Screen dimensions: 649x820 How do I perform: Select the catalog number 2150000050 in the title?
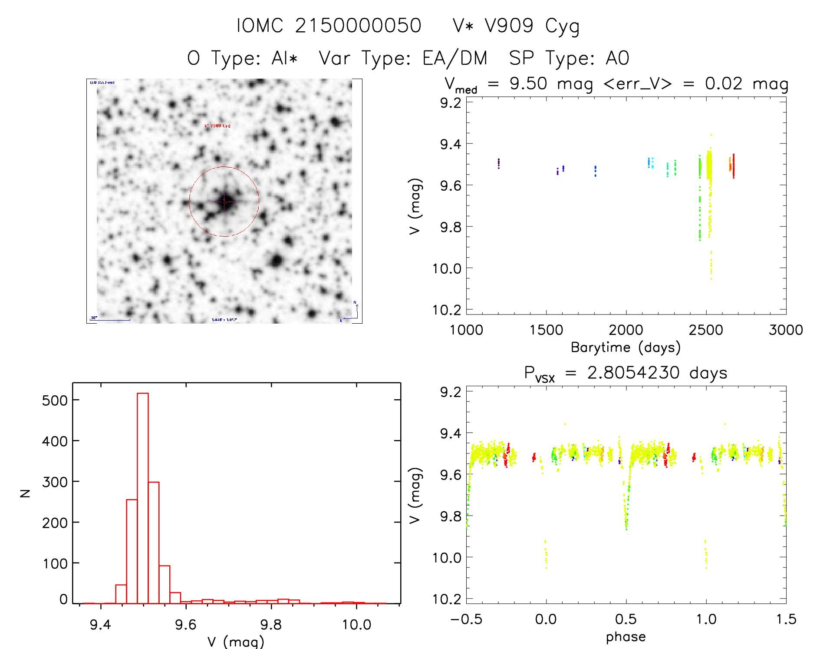click(358, 26)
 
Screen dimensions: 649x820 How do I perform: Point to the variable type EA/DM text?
click(455, 58)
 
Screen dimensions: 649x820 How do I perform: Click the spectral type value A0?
click(617, 58)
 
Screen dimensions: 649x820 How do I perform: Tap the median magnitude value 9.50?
click(528, 84)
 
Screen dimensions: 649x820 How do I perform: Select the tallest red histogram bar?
click(143, 498)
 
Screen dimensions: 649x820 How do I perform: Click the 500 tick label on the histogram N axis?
click(55, 400)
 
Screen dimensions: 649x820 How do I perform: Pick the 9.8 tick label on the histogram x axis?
click(271, 625)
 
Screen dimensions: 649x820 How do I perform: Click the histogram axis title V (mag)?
click(236, 641)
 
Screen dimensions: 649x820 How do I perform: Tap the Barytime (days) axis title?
click(626, 348)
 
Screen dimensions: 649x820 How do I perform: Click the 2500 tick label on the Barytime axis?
click(706, 330)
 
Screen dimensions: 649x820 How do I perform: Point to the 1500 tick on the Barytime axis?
click(546, 330)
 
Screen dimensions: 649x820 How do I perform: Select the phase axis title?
click(626, 637)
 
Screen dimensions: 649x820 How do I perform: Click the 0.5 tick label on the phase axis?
click(626, 619)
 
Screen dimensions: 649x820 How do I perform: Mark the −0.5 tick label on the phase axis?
click(466, 619)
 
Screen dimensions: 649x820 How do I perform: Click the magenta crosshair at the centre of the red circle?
click(224, 201)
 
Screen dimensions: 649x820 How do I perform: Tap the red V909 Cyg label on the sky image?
click(217, 126)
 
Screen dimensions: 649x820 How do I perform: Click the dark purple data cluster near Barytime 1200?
click(499, 163)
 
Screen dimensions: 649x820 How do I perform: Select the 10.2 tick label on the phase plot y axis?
click(447, 599)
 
